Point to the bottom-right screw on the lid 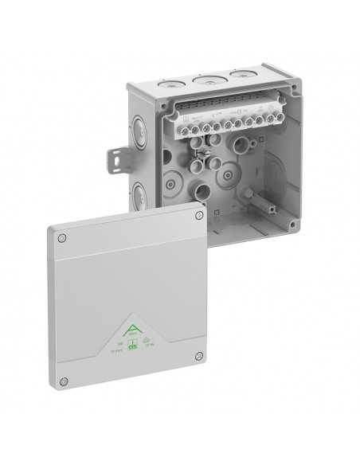[198, 356]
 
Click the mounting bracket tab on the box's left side [116, 158]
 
